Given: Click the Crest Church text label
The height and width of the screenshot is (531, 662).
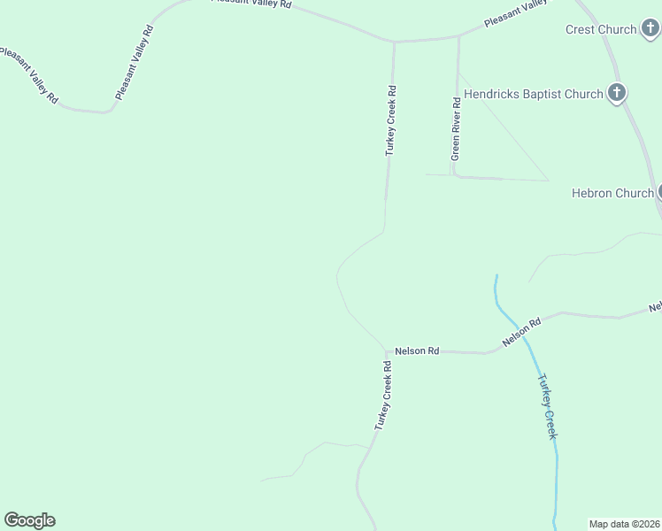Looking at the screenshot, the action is coord(601,29).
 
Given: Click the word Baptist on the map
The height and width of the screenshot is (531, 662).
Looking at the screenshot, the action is coord(548,93).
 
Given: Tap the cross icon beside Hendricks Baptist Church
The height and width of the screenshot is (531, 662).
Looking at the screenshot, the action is coord(617,93).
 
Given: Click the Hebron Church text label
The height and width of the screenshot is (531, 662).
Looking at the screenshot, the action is coord(612,193).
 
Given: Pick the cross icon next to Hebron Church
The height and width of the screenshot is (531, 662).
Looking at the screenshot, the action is coord(660,192).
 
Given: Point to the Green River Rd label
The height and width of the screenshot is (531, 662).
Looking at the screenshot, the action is coord(456,127).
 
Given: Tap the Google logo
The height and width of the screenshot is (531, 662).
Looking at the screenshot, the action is coord(29,520).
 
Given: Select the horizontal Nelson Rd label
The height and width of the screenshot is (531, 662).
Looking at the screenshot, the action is coord(417,350).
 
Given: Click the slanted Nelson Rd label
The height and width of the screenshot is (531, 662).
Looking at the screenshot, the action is coord(521,332).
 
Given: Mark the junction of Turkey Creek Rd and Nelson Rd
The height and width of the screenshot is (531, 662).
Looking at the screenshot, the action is coord(386,350).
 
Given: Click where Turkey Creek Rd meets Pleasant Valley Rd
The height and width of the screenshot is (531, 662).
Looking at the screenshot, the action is coord(394,41).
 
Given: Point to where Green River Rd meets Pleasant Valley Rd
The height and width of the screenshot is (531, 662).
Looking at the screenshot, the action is coord(458,36).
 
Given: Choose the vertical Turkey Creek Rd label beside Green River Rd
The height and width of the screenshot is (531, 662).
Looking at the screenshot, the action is coord(390,120).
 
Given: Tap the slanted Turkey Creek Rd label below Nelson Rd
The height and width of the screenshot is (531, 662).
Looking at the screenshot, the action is coord(382,395).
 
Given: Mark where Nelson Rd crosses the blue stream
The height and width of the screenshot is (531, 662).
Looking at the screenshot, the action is coord(514,339).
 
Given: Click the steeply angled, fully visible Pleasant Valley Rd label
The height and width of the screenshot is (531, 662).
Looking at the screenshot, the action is coord(135,62).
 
